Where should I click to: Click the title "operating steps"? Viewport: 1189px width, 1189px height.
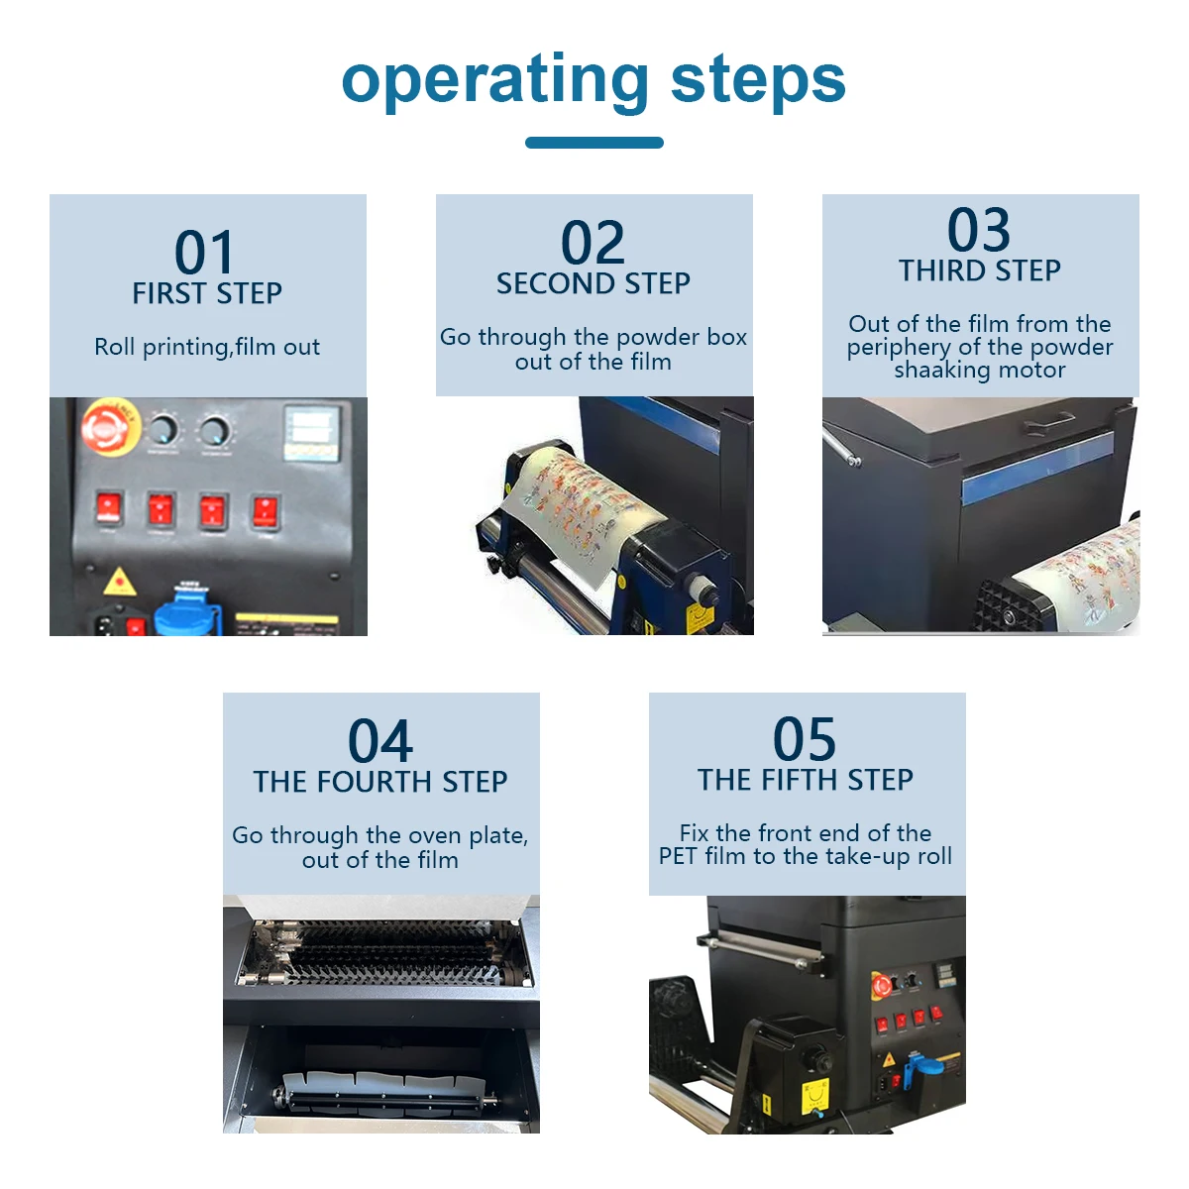coord(594,81)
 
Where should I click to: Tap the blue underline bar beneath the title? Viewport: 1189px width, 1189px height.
coord(594,143)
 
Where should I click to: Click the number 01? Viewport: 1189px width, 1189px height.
coord(204,252)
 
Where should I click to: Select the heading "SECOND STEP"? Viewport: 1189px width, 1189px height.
coord(594,283)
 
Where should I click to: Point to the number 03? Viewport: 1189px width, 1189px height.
coord(979,230)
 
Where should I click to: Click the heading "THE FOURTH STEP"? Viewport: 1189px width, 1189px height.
coord(380,782)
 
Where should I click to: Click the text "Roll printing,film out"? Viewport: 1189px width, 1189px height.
coord(207,348)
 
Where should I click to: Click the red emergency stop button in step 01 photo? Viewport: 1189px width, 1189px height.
coord(111,426)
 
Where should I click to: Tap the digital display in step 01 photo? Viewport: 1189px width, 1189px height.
coord(312,433)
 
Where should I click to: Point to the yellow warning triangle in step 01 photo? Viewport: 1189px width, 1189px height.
coord(119,583)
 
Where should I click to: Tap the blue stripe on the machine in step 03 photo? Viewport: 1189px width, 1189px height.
coord(1037,468)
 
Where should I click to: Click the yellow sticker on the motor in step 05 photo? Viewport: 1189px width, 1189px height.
coord(814,1097)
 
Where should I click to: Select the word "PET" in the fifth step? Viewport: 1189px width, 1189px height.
coord(679,856)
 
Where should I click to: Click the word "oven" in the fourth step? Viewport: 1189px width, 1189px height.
coord(435,835)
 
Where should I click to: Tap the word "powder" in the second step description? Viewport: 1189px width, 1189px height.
coord(650,338)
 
